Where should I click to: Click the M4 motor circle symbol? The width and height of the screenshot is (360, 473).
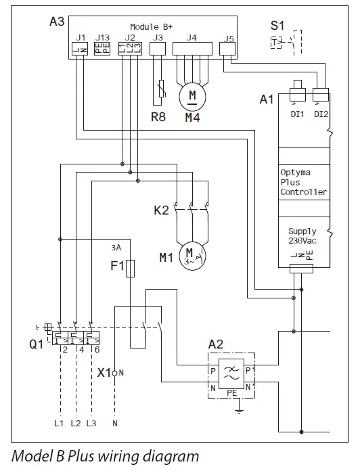coord(192,97)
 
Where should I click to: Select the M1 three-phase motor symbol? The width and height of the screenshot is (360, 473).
coord(192,256)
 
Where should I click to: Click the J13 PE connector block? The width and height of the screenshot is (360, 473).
coord(102,49)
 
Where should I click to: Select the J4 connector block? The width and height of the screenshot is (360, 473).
coord(193,49)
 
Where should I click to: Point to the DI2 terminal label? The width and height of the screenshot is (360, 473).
coord(321,114)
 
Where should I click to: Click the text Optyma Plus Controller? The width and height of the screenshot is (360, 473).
coord(303,182)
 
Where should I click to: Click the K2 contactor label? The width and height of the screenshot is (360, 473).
coord(161,210)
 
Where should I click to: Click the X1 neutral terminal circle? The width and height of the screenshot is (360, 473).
coord(116,373)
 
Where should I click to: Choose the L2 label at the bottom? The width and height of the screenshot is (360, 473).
coord(75,423)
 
